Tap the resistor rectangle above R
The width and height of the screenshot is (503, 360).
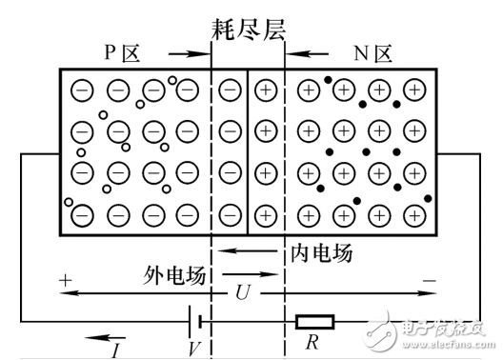(314, 321)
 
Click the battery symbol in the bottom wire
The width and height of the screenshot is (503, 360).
(194, 321)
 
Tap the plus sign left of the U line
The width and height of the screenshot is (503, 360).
(65, 282)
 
